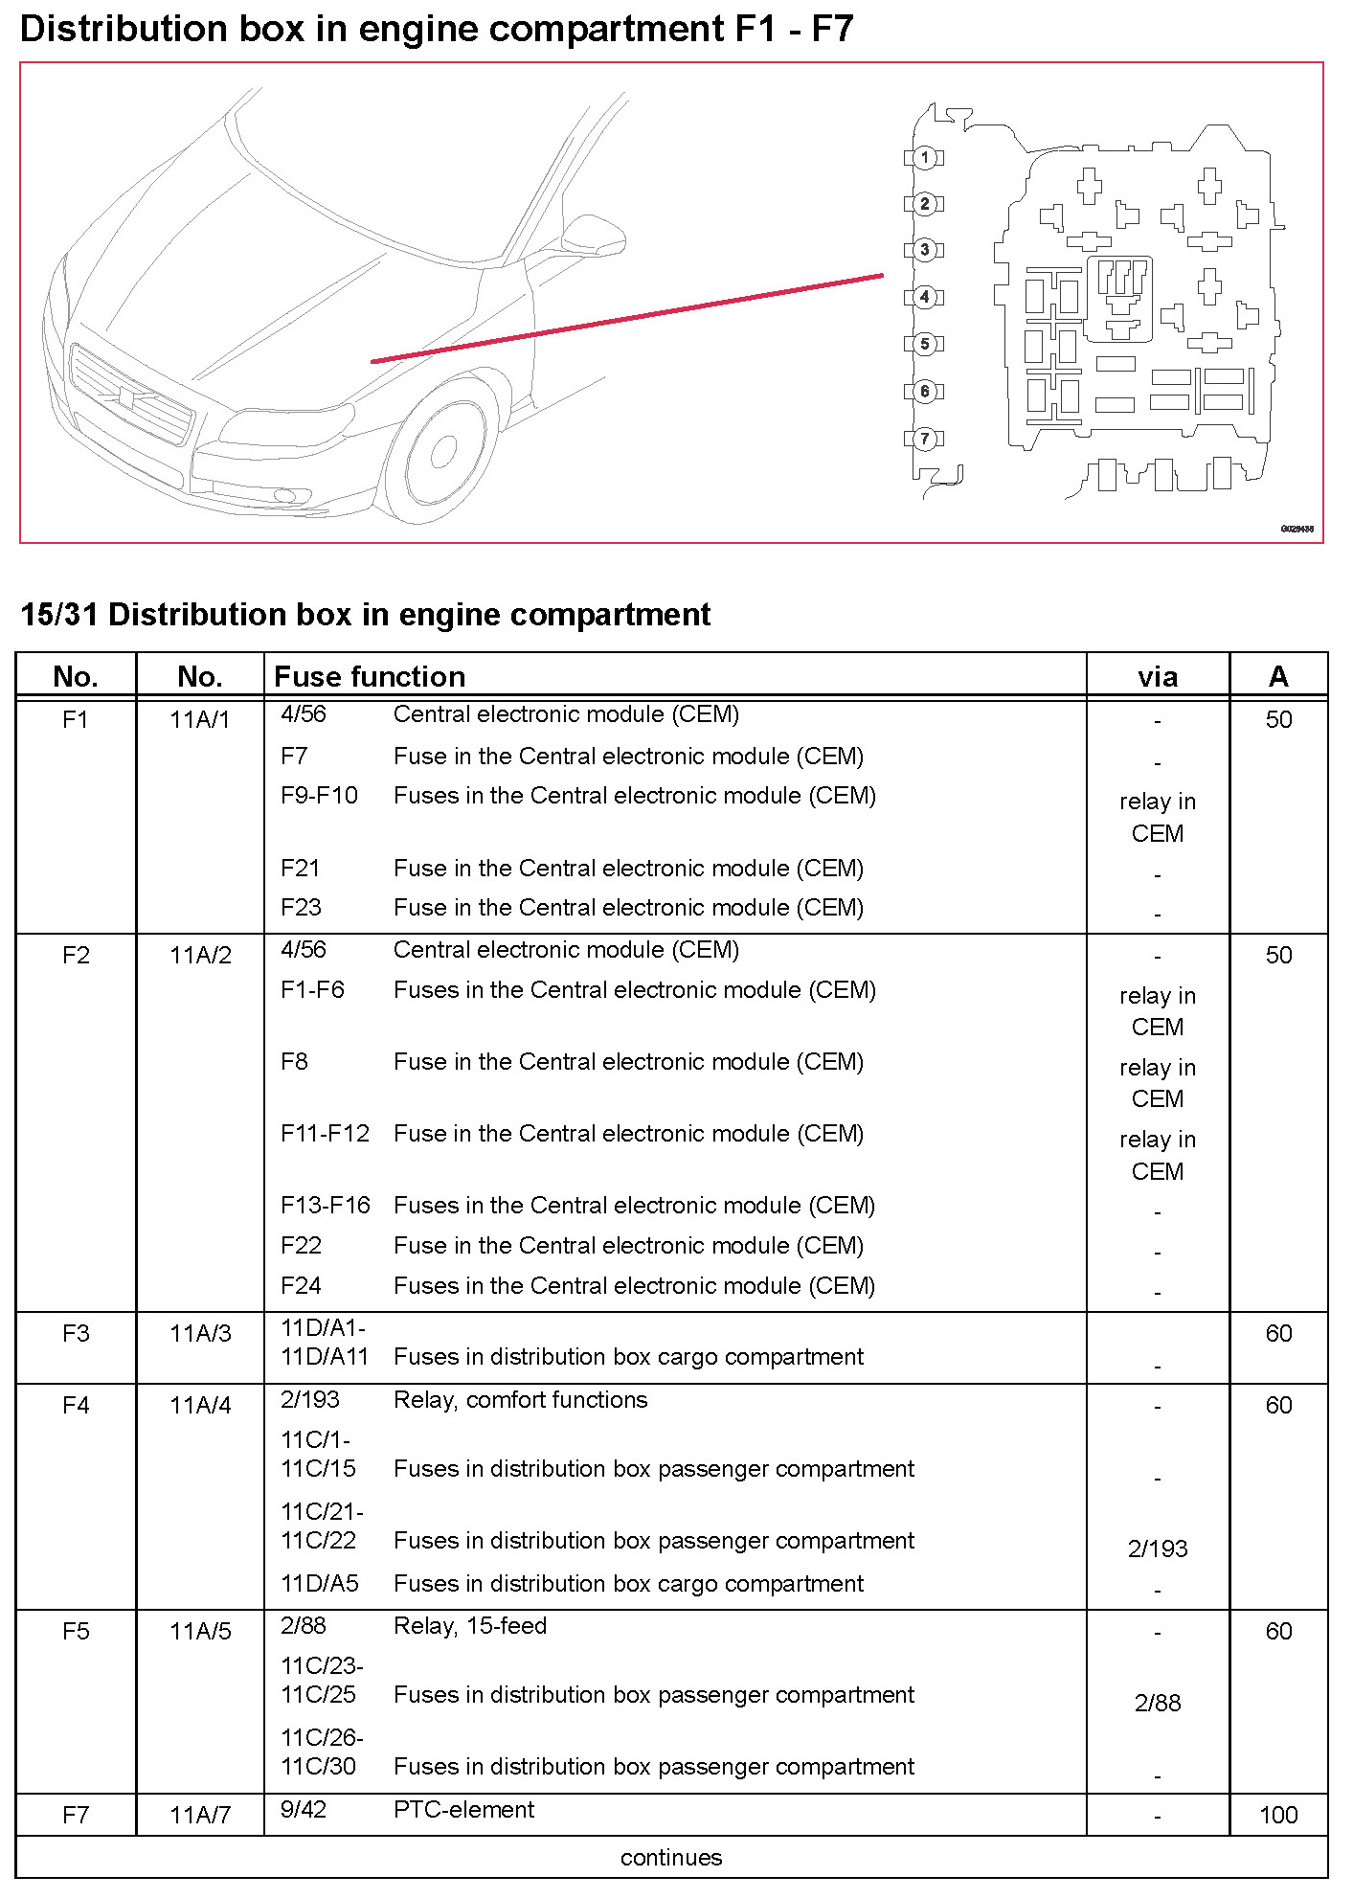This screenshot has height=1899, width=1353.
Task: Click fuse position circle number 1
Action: point(924,157)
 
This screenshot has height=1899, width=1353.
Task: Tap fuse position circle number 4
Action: point(924,297)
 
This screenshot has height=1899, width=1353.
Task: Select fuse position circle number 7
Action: point(924,439)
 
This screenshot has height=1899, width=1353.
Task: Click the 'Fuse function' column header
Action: point(370,677)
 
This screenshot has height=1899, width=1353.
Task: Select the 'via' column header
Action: point(1157,677)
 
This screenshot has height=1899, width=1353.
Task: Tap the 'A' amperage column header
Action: point(1277,677)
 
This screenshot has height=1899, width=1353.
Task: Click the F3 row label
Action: point(76,1333)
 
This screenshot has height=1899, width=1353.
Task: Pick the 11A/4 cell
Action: point(200,1405)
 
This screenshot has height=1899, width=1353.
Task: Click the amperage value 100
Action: point(1278,1815)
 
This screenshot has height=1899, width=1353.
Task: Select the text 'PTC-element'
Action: point(464,1809)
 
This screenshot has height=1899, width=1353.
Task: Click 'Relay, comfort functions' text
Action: point(520,1400)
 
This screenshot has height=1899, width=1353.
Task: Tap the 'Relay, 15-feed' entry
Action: point(470,1626)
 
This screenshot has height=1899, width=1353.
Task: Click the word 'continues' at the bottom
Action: point(671,1858)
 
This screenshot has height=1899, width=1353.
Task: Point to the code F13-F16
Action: point(325,1205)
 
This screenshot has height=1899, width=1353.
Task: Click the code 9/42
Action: point(304,1809)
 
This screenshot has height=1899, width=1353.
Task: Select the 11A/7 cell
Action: point(200,1815)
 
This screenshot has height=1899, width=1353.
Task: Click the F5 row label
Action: point(76,1631)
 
